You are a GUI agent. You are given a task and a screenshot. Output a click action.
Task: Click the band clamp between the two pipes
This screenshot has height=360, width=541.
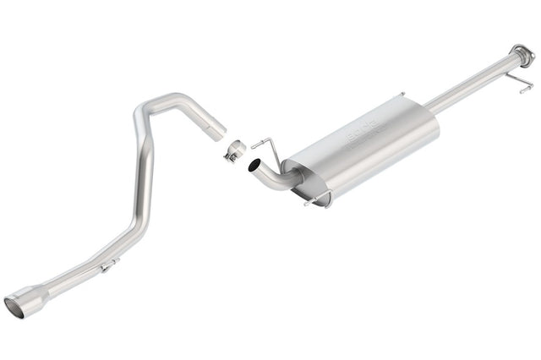click(x=234, y=150)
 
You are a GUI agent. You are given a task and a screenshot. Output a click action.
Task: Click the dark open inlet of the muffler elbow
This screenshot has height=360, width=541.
click(x=252, y=169)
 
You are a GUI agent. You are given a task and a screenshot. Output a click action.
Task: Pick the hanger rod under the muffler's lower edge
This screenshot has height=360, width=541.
click(x=319, y=199)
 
